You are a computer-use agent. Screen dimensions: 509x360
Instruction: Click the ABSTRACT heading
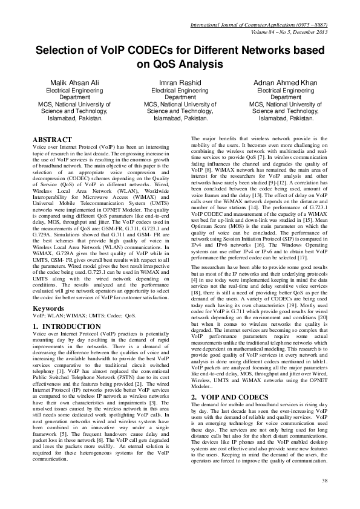click(x=54, y=140)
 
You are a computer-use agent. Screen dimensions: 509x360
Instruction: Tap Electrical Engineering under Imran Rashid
click(x=180, y=89)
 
